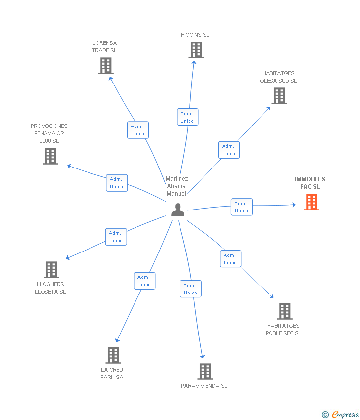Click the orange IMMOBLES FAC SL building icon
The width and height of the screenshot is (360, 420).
coord(312,202)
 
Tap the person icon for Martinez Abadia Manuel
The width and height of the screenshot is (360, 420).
coord(178,210)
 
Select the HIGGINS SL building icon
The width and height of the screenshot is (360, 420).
coord(196,50)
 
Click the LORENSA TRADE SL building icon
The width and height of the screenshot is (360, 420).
coord(106,66)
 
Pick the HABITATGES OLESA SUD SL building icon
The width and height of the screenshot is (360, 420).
coord(279,96)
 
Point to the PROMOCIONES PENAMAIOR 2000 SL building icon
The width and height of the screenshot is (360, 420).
coord(50,156)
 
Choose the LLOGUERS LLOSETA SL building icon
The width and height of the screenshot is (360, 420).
coord(51,270)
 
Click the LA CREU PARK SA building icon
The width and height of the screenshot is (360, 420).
coord(113,355)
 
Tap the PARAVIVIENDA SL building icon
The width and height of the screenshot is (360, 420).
coord(205,372)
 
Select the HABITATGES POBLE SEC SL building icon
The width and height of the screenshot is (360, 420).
coord(285,311)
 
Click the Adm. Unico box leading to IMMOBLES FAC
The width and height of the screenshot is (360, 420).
coord(242,207)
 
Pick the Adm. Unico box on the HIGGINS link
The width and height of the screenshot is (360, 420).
coord(187,117)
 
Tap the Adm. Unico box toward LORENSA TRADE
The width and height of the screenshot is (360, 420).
coord(138,130)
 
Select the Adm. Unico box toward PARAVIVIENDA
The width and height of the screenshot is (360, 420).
coord(190,289)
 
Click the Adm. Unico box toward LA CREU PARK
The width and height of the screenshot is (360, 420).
coord(144,281)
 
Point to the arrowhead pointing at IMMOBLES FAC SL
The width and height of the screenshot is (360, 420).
coord(294,205)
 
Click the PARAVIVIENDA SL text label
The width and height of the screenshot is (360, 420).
coord(204,386)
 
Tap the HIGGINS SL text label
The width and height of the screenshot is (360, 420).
coord(195,35)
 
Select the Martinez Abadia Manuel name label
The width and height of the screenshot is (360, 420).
coord(177,186)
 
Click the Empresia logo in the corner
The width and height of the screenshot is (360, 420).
coord(340,415)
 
